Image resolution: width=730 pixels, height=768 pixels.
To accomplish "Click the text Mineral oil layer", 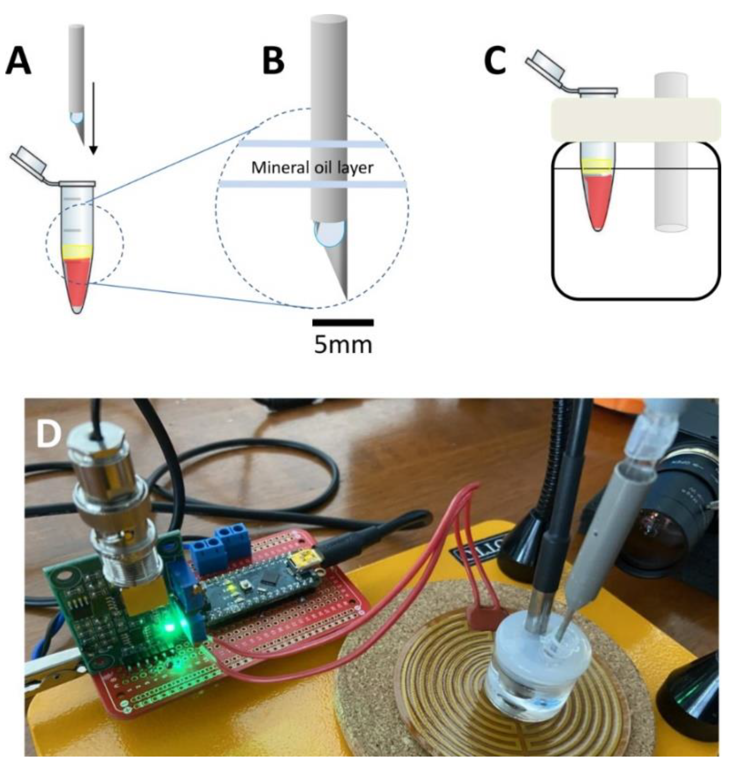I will [312, 168].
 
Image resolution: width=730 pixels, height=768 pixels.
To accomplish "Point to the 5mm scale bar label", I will [343, 345].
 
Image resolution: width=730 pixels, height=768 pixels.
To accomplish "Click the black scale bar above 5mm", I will [343, 322].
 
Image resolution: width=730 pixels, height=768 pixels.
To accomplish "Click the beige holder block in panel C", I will [636, 119].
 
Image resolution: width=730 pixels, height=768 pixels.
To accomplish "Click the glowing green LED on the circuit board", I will [170, 627].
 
